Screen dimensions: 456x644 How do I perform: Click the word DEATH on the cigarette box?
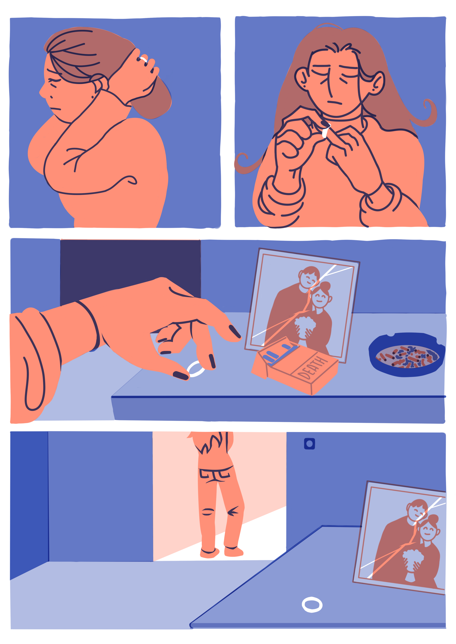click(x=312, y=367)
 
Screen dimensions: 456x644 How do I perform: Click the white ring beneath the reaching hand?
click(x=196, y=369)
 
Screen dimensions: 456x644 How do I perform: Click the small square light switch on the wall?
click(x=309, y=444)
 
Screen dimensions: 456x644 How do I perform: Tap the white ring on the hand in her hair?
click(x=144, y=59)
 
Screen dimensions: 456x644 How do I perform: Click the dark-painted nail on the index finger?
click(x=235, y=331)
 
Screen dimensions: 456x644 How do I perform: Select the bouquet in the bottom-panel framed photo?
click(x=413, y=558)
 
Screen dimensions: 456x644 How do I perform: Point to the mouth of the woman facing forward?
click(x=334, y=103)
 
